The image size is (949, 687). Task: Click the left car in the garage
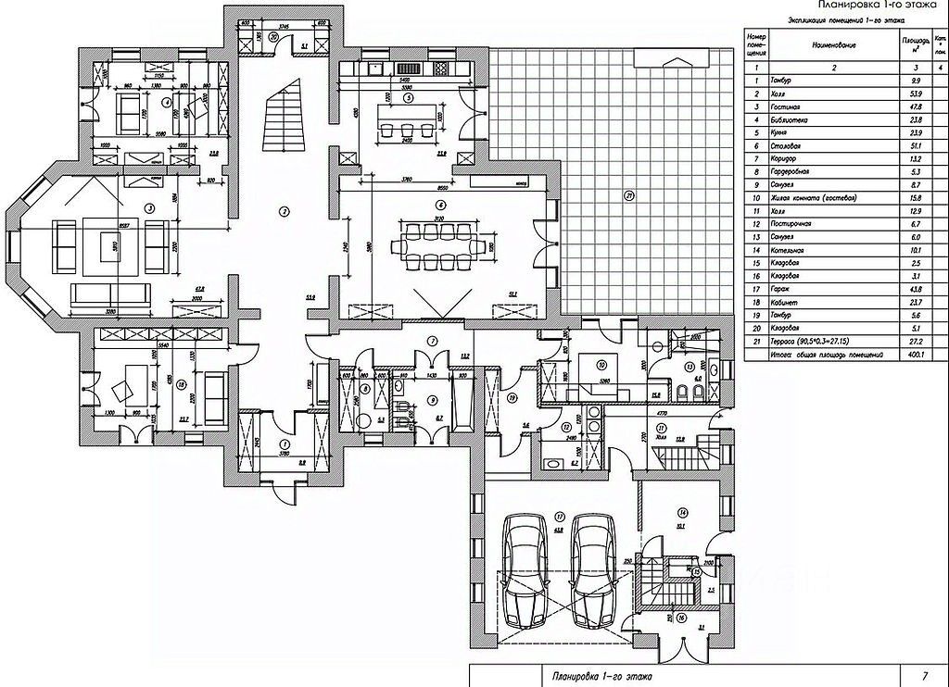coord(525,570)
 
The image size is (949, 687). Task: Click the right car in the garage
coord(592,570)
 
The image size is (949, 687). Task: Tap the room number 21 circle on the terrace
coord(629,195)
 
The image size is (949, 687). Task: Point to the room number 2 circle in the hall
coord(285,212)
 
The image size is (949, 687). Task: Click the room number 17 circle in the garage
coord(560,517)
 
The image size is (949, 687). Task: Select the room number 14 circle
coord(682,510)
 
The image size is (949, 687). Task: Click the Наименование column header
coord(830,44)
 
